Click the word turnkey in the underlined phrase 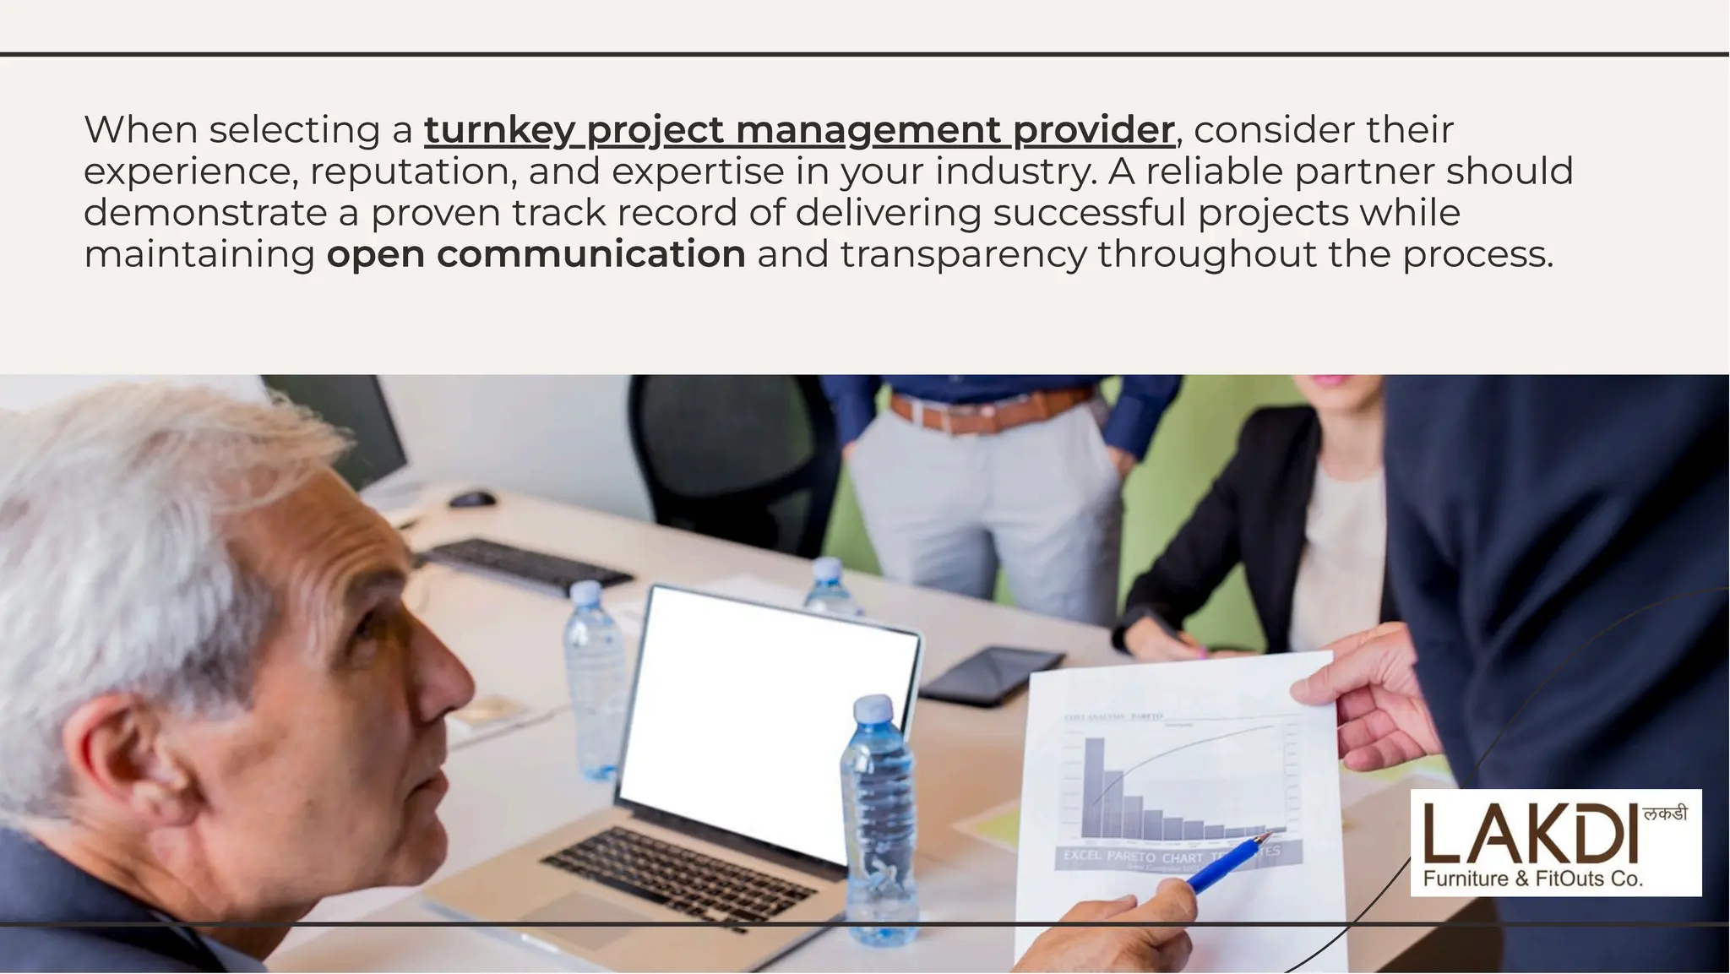pos(499,131)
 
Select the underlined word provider pos(1093,131)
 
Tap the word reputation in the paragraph pos(413,171)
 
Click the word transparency pos(963,254)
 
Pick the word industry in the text pos(1015,171)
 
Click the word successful pos(1090,213)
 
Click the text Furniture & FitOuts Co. pos(1533,879)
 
